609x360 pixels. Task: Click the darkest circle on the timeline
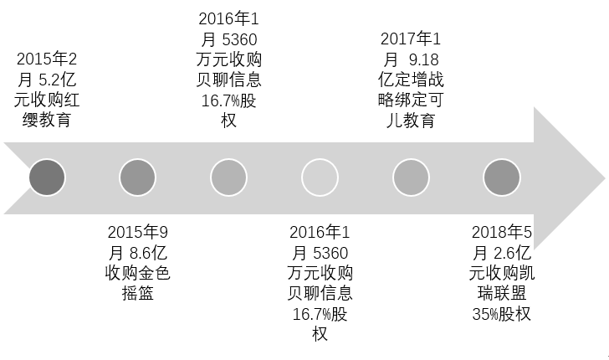pos(47,178)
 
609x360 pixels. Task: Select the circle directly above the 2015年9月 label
pos(138,178)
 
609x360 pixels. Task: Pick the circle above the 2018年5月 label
pos(502,178)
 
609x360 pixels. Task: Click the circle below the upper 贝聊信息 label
pos(229,178)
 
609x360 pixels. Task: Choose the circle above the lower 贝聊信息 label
pos(320,178)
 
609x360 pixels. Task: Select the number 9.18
pos(422,59)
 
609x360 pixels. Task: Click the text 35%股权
pos(501,314)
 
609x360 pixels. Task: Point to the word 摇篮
pos(138,293)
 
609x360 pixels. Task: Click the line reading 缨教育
pos(47,121)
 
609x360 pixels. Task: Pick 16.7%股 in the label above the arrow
pos(229,100)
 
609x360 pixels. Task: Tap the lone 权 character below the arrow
pos(320,334)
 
